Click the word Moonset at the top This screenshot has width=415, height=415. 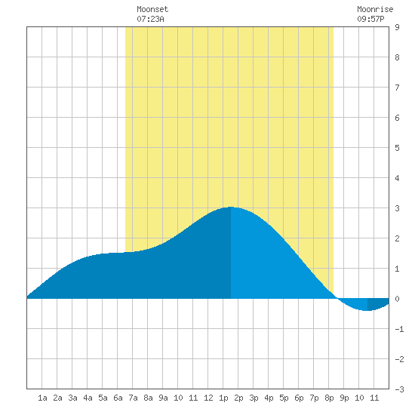(x=152, y=9)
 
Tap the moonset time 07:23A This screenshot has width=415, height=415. (x=150, y=19)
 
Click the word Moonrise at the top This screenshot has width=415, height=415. (x=375, y=9)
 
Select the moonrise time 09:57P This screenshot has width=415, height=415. (x=370, y=19)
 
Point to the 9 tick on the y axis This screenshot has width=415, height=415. (x=397, y=27)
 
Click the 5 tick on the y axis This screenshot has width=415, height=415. (x=397, y=148)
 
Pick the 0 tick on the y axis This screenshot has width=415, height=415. (x=397, y=299)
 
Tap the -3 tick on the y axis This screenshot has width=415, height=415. (x=399, y=389)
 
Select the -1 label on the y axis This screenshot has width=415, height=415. (x=399, y=329)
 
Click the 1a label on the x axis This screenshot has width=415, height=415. (x=42, y=398)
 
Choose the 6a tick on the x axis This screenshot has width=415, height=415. (x=118, y=398)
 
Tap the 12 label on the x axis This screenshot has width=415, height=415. (x=208, y=398)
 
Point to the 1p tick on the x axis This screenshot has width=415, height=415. (x=223, y=398)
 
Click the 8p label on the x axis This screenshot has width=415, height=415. (x=329, y=398)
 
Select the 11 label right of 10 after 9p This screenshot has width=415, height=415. (x=374, y=398)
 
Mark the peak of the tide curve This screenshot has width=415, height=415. (x=231, y=207)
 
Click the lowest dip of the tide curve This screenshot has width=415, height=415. (x=367, y=310)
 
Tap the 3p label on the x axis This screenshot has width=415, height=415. (x=254, y=398)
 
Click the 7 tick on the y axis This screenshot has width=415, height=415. (x=397, y=88)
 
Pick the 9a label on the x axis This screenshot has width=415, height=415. (x=163, y=398)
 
